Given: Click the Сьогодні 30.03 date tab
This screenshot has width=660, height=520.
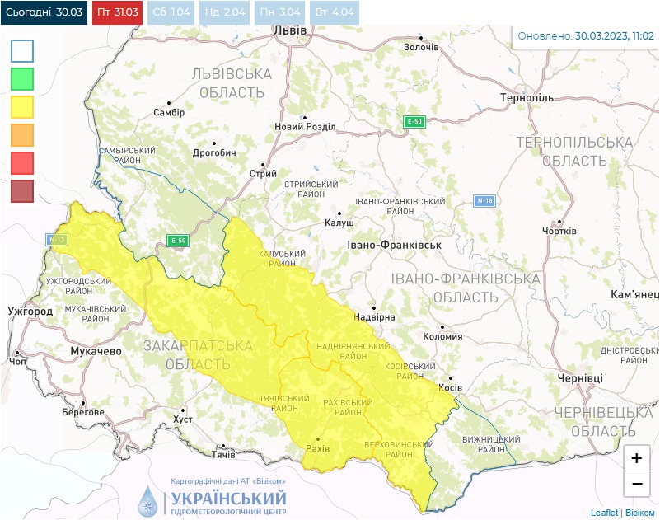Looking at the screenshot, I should pos(44,13).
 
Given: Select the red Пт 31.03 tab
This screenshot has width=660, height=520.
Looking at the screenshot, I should pos(118,13).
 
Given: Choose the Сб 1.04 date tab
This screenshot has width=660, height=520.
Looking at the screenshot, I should pos(171,13).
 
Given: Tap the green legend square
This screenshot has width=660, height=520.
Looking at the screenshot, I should pos(22,79).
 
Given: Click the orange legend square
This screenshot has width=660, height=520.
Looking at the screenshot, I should pos(22,135).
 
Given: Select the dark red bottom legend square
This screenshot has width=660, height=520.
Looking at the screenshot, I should pos(22,191).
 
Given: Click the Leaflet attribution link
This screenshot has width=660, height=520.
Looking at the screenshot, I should pos(604,513).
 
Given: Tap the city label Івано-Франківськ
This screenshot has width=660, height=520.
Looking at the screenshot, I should pos(395,246).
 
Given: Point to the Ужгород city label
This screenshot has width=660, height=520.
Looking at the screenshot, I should pos(30,312).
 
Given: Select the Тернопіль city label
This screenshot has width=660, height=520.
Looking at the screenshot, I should pos(527,98).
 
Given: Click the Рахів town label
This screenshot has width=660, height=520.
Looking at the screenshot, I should pos(317,448).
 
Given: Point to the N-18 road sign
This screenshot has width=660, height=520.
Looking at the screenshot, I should pos(485,200).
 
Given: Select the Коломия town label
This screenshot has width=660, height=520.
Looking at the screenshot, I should pos(442,335).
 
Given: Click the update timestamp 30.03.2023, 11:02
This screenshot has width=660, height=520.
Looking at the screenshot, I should pos(614,36).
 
